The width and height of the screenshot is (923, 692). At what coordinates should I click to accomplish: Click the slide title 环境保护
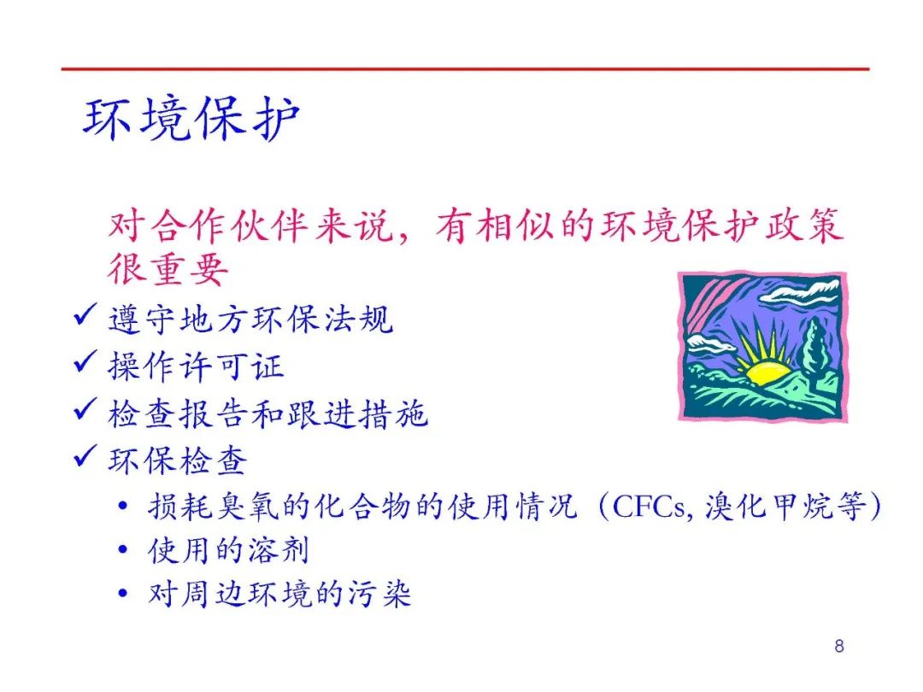(x=191, y=119)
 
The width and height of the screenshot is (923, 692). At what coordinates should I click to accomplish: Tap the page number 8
(x=839, y=646)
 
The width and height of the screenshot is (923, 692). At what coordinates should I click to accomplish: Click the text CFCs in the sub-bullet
(x=648, y=506)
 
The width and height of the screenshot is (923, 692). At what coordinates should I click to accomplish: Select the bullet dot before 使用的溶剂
(x=122, y=549)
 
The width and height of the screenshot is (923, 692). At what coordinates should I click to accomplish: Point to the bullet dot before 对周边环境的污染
(x=122, y=593)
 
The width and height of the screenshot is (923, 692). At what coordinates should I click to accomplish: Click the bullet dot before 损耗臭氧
(x=122, y=506)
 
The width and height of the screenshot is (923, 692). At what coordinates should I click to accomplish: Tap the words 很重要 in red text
(x=168, y=269)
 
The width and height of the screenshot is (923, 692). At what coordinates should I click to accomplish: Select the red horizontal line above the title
(x=465, y=69)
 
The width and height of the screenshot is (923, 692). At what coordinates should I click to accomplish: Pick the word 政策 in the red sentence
(x=804, y=226)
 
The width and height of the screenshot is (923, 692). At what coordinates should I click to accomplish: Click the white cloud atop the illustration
(x=802, y=291)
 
